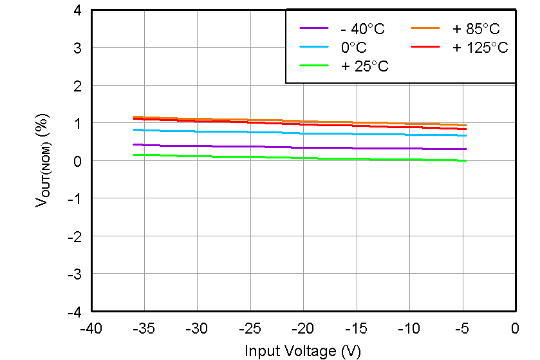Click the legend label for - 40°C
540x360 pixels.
coord(364,29)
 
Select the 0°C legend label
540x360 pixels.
coord(353,48)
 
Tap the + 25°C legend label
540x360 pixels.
coord(365,66)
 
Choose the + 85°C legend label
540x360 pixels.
coord(476,29)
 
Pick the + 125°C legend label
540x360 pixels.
coord(480,48)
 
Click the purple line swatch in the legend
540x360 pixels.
coord(314,28)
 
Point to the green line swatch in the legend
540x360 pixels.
coord(314,66)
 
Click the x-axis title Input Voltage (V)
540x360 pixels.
coord(303,351)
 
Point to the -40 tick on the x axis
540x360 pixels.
coord(91,329)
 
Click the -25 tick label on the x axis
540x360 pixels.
coord(250,329)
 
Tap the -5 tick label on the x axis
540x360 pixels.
coord(461,329)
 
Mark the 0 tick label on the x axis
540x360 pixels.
coord(515,329)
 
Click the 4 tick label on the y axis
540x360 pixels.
coord(77,10)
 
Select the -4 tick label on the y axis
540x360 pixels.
coord(75,312)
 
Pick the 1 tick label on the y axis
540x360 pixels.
coord(77,123)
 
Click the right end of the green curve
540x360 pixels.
coord(466,160)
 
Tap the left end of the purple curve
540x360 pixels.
coord(133,144)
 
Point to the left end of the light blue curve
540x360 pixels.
coord(133,129)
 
